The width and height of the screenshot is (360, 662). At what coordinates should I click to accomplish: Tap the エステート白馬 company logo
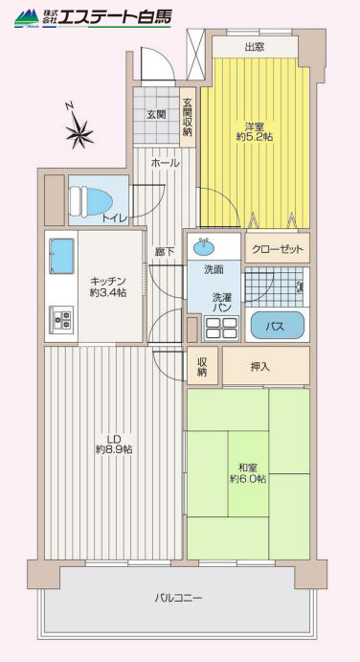(93, 18)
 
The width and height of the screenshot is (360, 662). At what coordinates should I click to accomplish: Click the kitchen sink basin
(61, 256)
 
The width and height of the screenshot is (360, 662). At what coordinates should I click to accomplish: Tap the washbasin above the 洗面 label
(204, 247)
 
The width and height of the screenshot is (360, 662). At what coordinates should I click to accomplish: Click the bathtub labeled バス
(278, 326)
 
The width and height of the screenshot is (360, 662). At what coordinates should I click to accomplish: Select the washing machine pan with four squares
(221, 328)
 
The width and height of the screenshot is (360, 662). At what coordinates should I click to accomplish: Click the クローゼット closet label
(278, 249)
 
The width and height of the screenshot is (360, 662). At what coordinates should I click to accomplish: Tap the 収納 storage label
(203, 367)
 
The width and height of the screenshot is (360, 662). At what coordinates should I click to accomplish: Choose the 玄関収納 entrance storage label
(188, 117)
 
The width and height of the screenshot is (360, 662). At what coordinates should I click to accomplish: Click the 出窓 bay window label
(255, 47)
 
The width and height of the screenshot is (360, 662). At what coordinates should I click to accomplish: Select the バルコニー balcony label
(178, 598)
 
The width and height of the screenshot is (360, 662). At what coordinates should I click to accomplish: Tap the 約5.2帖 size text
(254, 137)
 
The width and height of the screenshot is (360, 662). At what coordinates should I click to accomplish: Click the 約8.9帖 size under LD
(114, 450)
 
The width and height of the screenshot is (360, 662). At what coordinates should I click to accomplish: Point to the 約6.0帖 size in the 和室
(248, 479)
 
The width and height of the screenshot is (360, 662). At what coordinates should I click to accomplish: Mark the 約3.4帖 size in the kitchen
(108, 292)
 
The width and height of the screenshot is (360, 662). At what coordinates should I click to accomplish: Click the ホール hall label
(165, 163)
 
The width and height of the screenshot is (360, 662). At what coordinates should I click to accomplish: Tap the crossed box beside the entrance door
(195, 54)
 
